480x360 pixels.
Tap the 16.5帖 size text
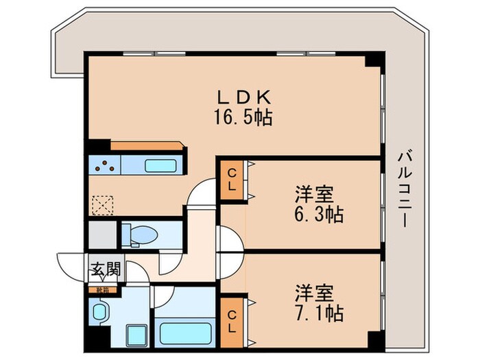245,118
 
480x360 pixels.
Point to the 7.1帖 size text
315,313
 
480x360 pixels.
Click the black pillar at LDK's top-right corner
374,60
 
